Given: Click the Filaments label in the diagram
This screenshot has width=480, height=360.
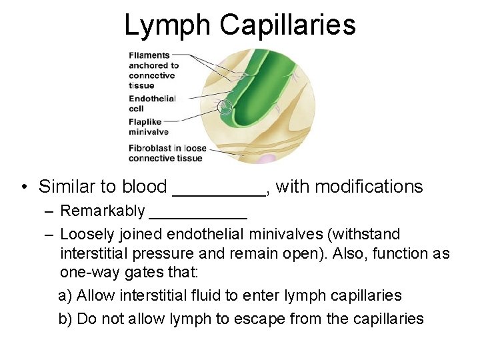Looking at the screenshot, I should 149,55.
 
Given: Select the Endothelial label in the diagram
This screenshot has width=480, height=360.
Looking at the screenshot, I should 152,99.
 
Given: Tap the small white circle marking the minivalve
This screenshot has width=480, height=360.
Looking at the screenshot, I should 226,106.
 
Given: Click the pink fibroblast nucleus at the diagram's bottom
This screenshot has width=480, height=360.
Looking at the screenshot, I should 267,159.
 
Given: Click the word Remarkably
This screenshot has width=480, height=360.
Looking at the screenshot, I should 102,211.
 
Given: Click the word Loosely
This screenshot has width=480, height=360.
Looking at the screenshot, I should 86,235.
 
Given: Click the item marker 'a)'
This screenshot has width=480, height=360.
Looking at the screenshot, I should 65,296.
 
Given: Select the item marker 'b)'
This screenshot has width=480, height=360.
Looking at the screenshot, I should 65,319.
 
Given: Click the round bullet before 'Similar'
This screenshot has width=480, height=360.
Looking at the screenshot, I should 23,187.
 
